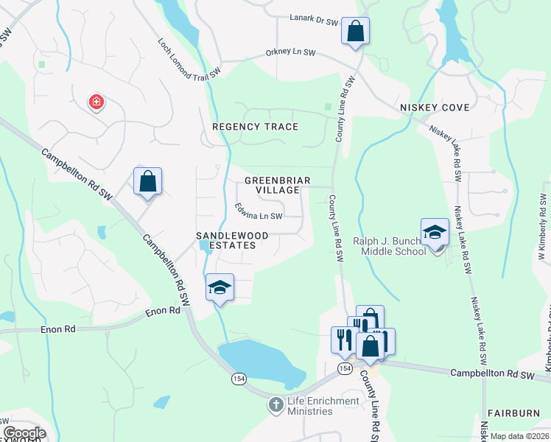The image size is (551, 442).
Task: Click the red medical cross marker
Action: point(96,102)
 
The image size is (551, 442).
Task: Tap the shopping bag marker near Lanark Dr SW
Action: point(355,32)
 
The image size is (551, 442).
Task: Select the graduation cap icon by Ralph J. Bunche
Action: point(435,233)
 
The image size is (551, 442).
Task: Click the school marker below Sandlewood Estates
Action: point(220,288)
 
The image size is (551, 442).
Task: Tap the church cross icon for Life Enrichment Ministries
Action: point(275,405)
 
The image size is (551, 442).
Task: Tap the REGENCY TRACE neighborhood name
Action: point(255,127)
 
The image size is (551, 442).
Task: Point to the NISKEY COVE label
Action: point(435,108)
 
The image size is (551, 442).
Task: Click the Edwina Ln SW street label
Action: point(259,211)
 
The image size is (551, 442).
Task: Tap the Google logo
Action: point(24,433)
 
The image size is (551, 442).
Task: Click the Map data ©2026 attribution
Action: point(519,436)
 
